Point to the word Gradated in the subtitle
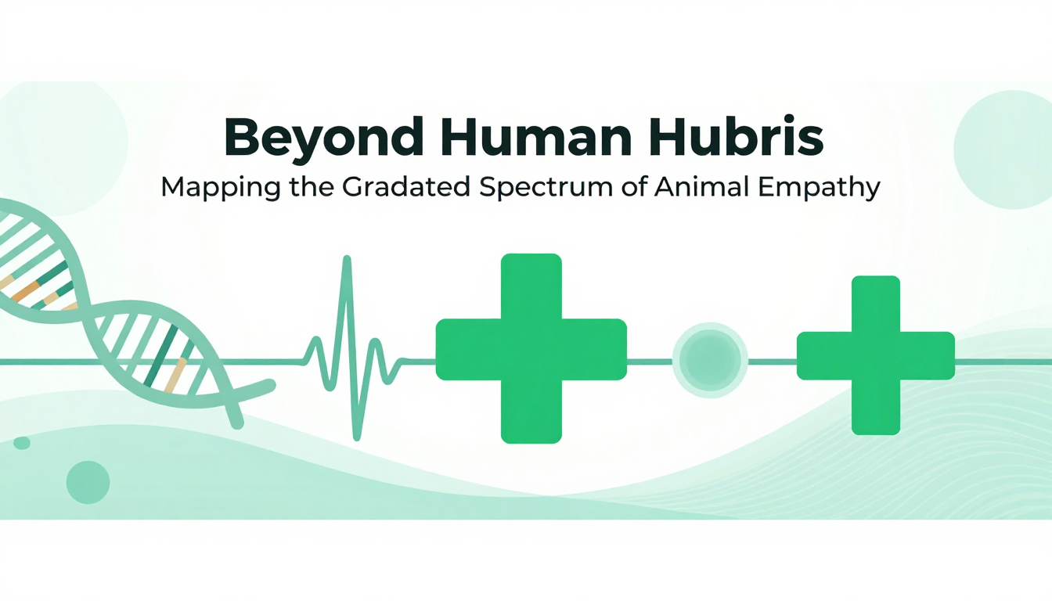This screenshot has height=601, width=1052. [x=405, y=187]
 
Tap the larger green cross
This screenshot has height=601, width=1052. [x=531, y=348]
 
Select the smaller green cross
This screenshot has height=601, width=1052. [x=876, y=355]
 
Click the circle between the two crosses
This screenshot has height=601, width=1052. [x=710, y=360]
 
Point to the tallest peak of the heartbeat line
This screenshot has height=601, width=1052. [x=347, y=257]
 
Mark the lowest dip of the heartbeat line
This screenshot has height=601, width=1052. [x=357, y=437]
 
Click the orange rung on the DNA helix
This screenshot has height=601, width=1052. [x=25, y=292]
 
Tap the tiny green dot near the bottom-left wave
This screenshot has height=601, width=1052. [x=22, y=443]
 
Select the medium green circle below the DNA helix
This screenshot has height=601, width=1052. [x=88, y=482]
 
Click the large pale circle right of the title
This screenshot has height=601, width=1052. [x=1003, y=149]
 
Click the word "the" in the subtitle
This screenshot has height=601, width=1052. [x=311, y=187]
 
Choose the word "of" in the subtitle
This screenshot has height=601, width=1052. [x=633, y=187]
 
